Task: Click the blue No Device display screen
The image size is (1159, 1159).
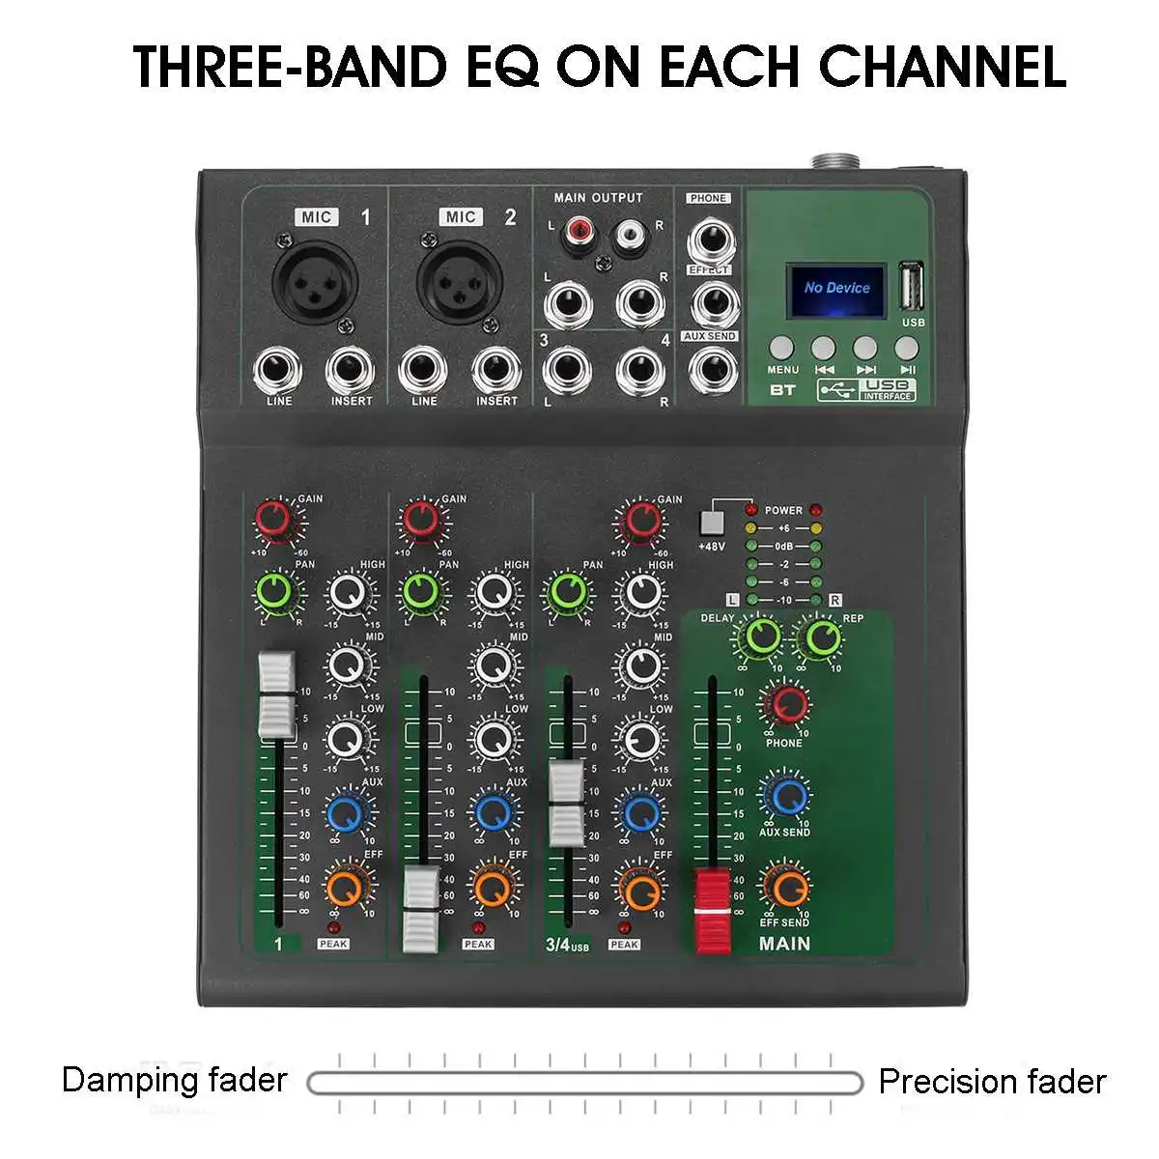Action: point(836,288)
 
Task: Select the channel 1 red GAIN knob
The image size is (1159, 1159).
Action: point(274,520)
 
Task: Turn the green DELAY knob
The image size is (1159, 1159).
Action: point(761,636)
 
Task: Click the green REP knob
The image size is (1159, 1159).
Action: point(822,636)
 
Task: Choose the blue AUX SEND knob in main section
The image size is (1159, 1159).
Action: point(785,794)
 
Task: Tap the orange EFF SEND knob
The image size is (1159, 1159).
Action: point(785,886)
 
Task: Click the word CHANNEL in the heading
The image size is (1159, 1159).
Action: point(943,66)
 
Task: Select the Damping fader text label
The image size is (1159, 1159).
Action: point(175,1079)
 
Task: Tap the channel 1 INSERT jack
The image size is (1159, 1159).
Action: point(351,370)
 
